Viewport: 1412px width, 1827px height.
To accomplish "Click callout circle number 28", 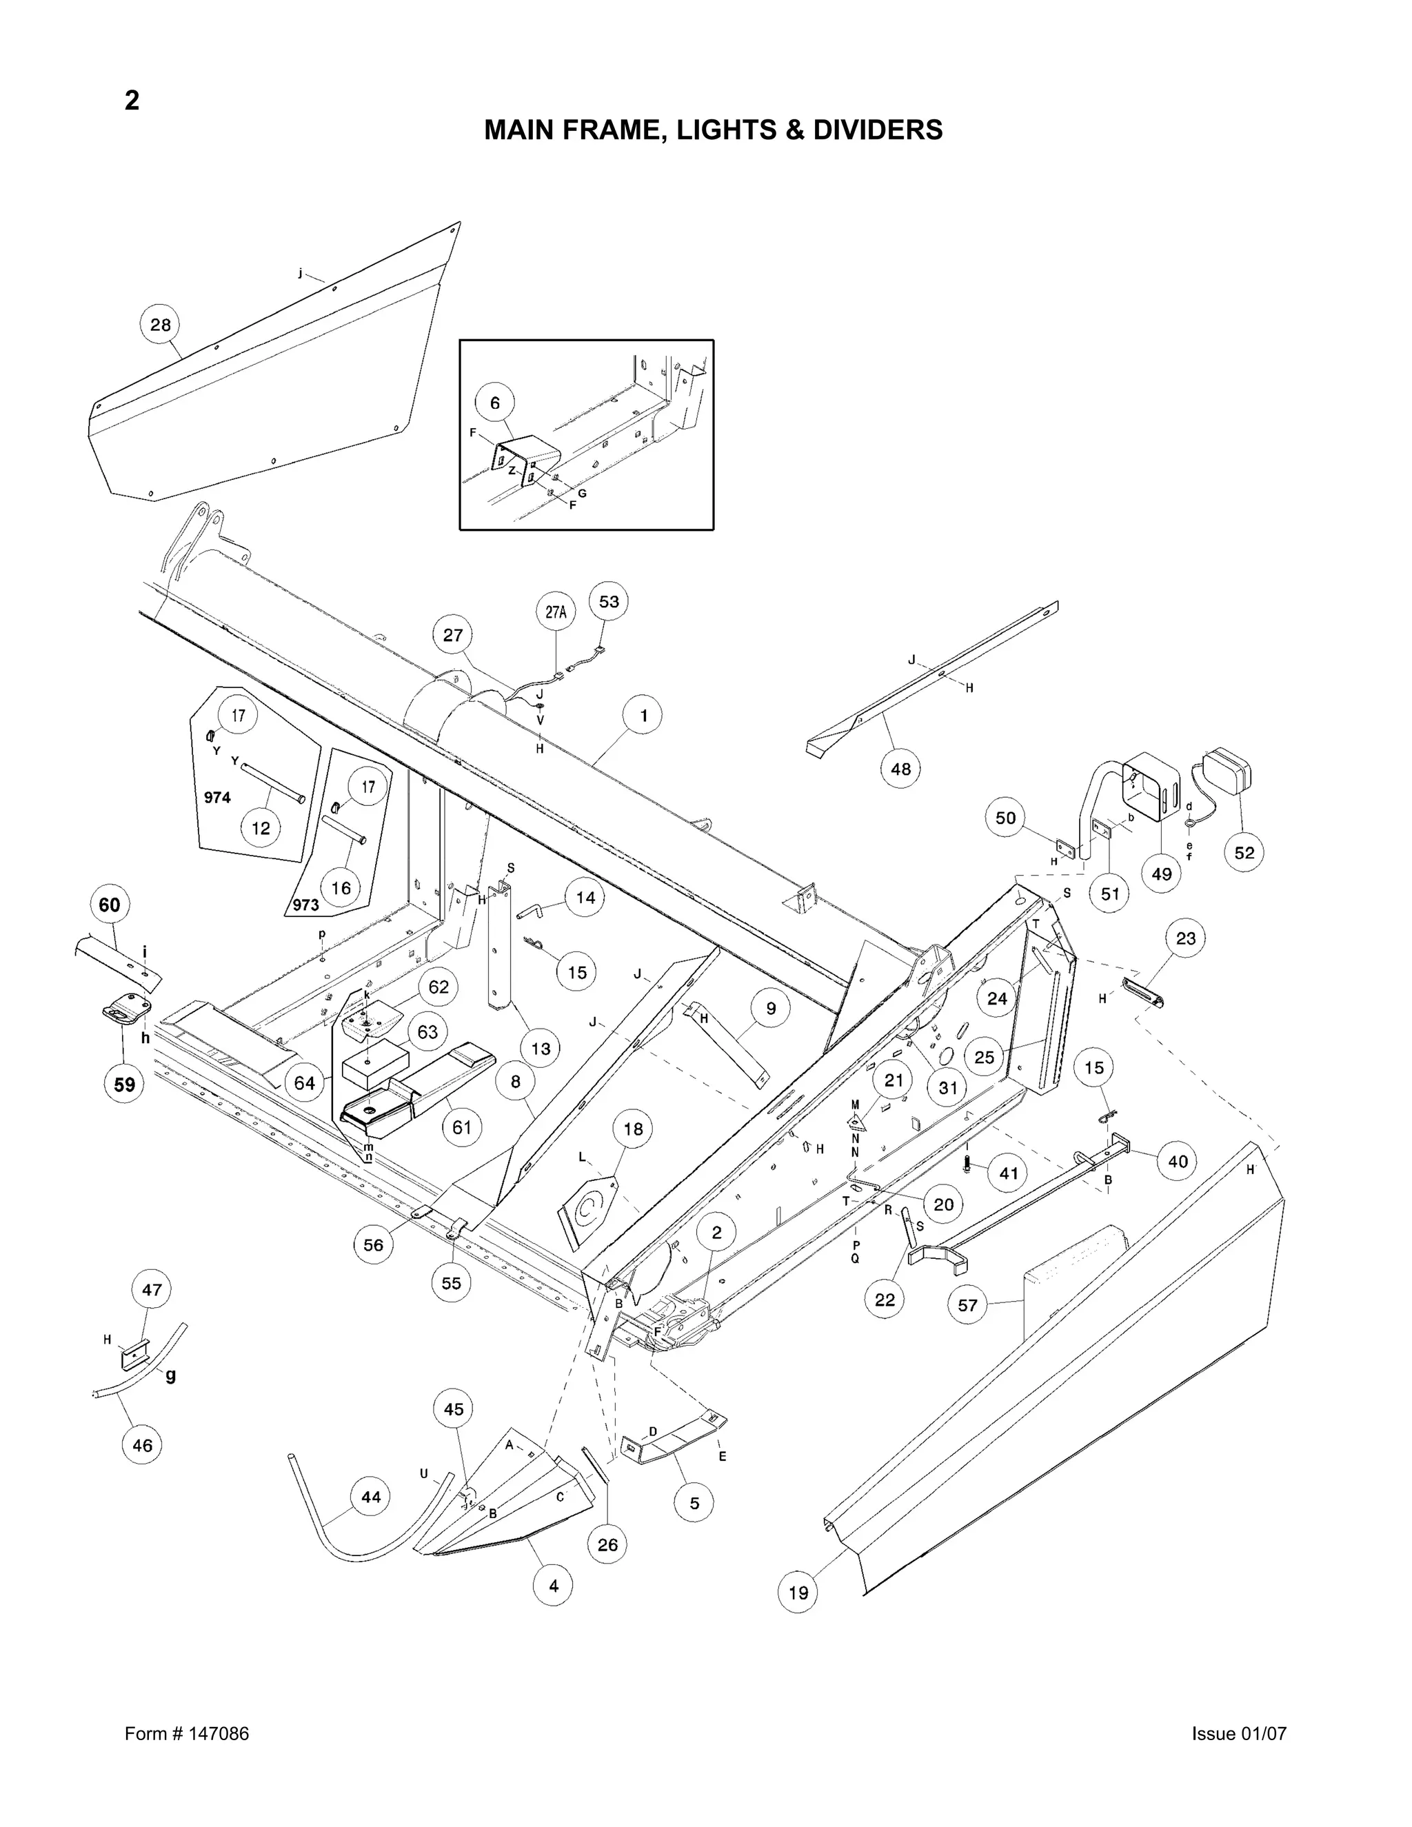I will pyautogui.click(x=160, y=325).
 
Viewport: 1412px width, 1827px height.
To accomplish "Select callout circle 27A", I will pyautogui.click(x=556, y=612).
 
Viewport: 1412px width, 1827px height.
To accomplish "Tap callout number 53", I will pyautogui.click(x=609, y=601).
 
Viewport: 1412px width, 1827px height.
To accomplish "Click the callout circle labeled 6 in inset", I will pyautogui.click(x=495, y=403).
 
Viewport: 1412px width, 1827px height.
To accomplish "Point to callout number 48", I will pyautogui.click(x=901, y=768).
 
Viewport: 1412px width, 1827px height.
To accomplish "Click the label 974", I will pyautogui.click(x=217, y=797).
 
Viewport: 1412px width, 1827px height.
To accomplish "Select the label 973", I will pyautogui.click(x=306, y=905).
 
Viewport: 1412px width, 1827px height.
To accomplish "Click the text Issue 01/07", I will pyautogui.click(x=1239, y=1733).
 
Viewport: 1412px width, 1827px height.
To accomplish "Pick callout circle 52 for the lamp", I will pyautogui.click(x=1244, y=852).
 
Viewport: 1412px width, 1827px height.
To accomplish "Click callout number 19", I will pyautogui.click(x=798, y=1593).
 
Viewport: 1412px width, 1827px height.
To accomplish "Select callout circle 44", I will pyautogui.click(x=370, y=1497).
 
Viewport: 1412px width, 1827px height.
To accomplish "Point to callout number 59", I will pyautogui.click(x=124, y=1084).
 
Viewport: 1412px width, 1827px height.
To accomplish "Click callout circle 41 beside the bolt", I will pyautogui.click(x=1009, y=1173).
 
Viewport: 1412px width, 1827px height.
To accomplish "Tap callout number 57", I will pyautogui.click(x=968, y=1305).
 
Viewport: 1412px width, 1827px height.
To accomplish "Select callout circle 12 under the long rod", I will pyautogui.click(x=261, y=828).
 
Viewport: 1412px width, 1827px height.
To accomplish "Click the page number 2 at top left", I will pyautogui.click(x=132, y=101).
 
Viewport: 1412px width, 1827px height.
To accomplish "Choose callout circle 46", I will pyautogui.click(x=142, y=1444).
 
